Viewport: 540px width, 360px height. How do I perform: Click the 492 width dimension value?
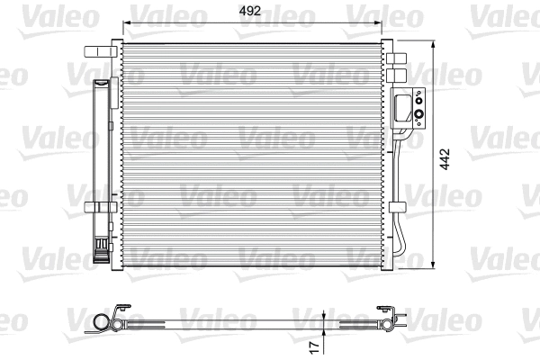pyautogui.click(x=252, y=12)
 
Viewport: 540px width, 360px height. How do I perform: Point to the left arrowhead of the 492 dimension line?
pyautogui.click(x=126, y=23)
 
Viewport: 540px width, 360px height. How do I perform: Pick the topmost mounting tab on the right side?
pyautogui.click(x=400, y=55)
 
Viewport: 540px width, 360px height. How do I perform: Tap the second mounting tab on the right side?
pyautogui.click(x=400, y=73)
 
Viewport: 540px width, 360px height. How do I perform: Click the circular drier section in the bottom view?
pyautogui.click(x=100, y=321)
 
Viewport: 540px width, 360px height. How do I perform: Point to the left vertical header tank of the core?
pyautogui.click(x=116, y=153)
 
